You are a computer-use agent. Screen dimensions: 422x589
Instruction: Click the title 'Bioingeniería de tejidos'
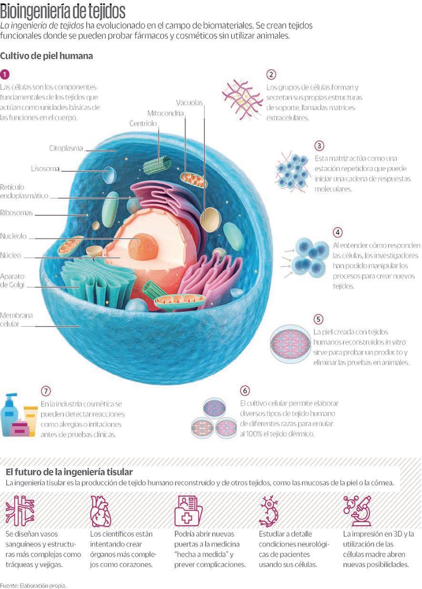click(63, 10)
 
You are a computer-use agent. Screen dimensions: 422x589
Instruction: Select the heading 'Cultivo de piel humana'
click(46, 56)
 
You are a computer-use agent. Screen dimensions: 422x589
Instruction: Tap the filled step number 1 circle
click(5, 74)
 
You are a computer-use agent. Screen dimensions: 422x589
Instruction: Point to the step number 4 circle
click(338, 232)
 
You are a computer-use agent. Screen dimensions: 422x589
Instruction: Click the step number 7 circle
click(46, 391)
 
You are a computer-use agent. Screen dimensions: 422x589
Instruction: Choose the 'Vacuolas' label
click(189, 102)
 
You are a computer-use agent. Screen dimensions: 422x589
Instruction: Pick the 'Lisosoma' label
click(45, 169)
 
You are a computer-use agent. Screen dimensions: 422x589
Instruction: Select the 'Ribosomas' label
click(17, 213)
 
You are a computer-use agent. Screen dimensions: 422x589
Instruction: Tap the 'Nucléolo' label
click(13, 236)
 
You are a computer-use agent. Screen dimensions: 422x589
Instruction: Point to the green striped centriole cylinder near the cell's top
click(157, 164)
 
